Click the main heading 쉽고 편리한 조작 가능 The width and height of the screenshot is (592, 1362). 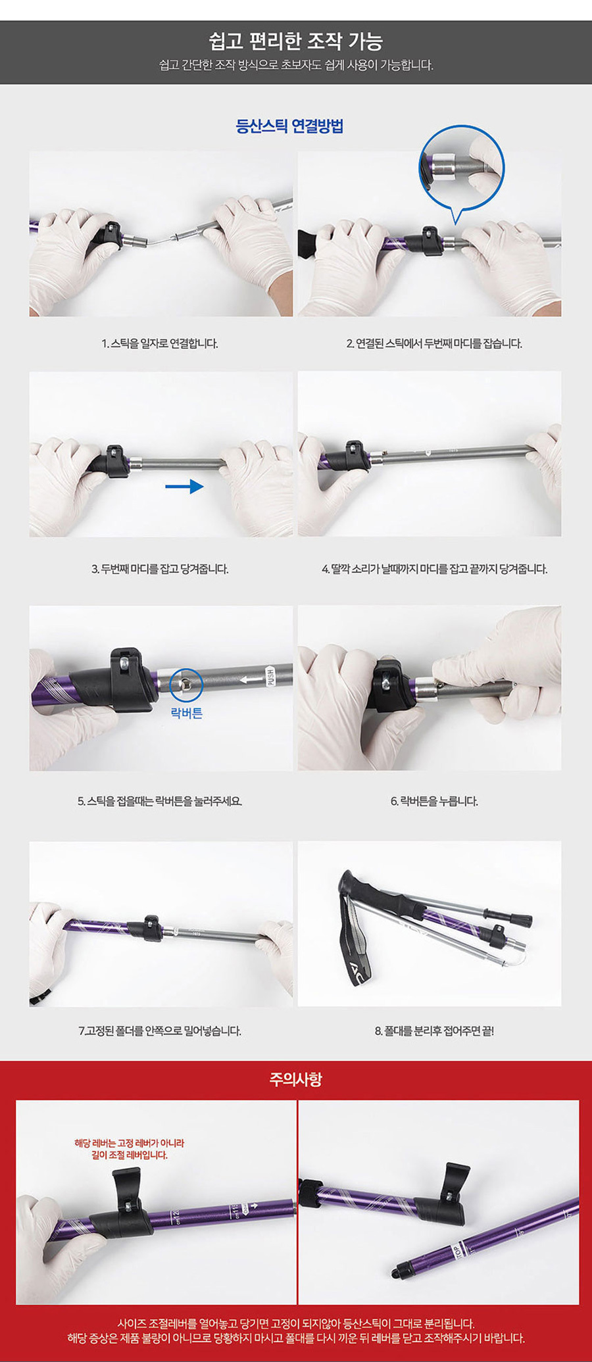(x=295, y=41)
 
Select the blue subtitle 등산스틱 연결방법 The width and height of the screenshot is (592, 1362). (x=289, y=126)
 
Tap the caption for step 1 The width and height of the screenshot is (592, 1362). (x=160, y=343)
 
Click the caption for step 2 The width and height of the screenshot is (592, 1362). (x=434, y=343)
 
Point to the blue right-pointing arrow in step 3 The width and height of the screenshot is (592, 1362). (x=184, y=486)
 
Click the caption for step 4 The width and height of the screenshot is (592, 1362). (x=434, y=569)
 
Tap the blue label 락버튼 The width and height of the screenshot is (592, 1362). (x=187, y=714)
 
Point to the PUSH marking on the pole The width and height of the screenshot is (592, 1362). (x=270, y=676)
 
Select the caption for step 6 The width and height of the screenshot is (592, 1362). (x=434, y=801)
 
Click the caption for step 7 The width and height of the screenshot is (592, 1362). (x=160, y=1031)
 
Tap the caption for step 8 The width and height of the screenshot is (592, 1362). (x=434, y=1031)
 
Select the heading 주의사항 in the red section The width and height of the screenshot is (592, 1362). (x=295, y=1079)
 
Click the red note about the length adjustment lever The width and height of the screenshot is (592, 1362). (x=130, y=1149)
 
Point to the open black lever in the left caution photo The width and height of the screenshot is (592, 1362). (x=126, y=1190)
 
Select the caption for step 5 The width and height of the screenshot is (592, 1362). (x=160, y=801)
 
